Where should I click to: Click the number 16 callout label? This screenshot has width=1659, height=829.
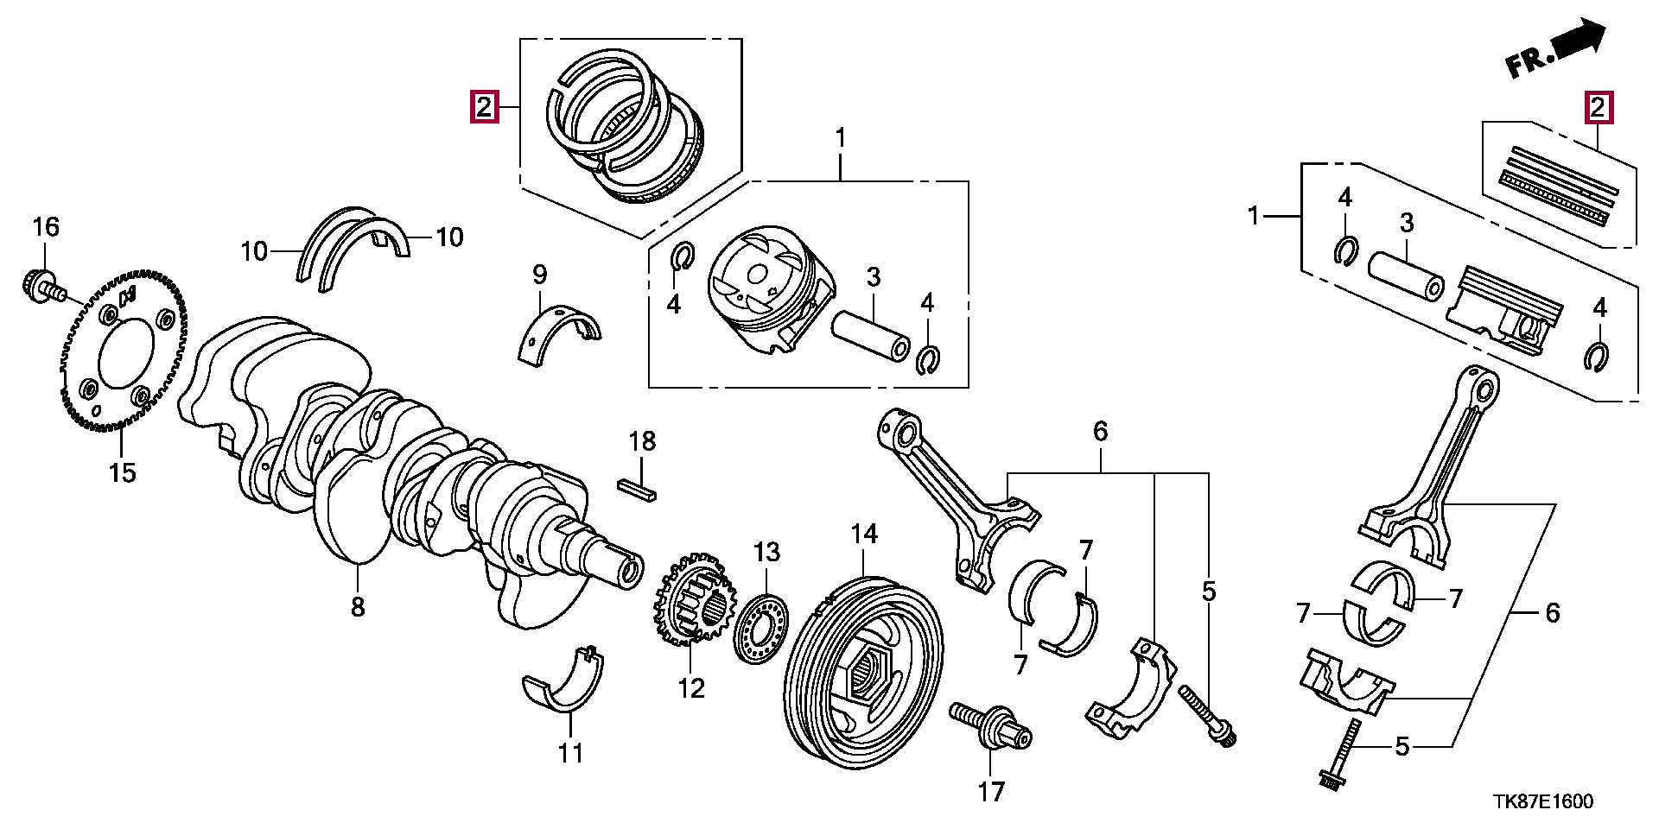[47, 227]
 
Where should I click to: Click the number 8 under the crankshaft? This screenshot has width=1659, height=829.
[358, 607]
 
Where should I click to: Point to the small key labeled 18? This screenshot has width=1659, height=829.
[639, 490]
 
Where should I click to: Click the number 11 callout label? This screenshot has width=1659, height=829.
[570, 753]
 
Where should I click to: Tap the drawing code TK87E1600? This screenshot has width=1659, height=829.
[1542, 802]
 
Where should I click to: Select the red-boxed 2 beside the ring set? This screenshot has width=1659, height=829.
[483, 107]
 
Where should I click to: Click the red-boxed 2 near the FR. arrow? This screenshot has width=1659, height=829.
[1598, 107]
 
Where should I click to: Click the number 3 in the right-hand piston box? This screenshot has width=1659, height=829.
[1406, 224]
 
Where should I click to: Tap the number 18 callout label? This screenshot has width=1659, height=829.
[642, 441]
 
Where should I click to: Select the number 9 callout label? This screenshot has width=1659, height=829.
[539, 275]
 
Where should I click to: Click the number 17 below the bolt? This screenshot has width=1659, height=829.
[991, 791]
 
